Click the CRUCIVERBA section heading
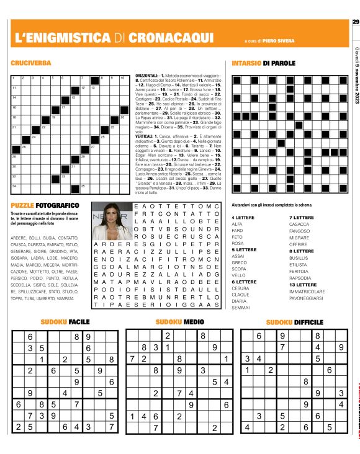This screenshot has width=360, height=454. point(30,63)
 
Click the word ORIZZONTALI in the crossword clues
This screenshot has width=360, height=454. point(147,75)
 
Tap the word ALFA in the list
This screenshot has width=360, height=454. point(237,241)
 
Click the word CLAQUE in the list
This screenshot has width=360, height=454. point(240,294)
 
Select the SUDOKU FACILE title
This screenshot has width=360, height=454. point(65,322)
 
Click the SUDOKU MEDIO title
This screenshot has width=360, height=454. point(179,322)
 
